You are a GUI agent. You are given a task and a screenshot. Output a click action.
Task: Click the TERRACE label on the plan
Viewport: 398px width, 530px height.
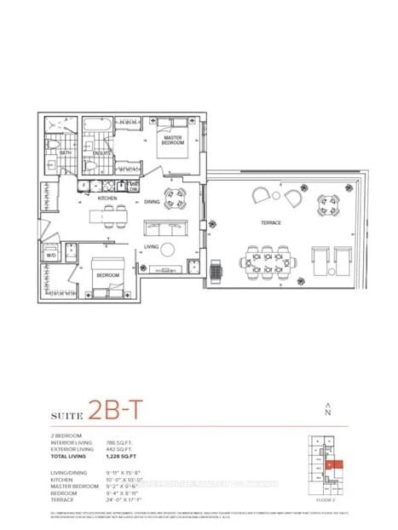tap(271, 222)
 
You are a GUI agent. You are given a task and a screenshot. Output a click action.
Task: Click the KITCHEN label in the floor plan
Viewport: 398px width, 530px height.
tap(107, 198)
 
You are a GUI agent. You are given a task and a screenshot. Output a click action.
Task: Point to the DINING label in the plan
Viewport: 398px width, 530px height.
tap(152, 202)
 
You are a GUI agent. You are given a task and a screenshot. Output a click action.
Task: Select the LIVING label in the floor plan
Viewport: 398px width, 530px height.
tap(152, 248)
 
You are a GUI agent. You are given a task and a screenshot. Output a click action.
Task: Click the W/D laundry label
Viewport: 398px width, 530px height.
tap(51, 255)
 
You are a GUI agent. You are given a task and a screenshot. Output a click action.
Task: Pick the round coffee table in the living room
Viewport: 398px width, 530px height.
tap(168, 250)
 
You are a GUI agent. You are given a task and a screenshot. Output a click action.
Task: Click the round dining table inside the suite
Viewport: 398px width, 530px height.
tap(179, 202)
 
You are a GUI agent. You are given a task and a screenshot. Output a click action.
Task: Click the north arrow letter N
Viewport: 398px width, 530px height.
tap(327, 412)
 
